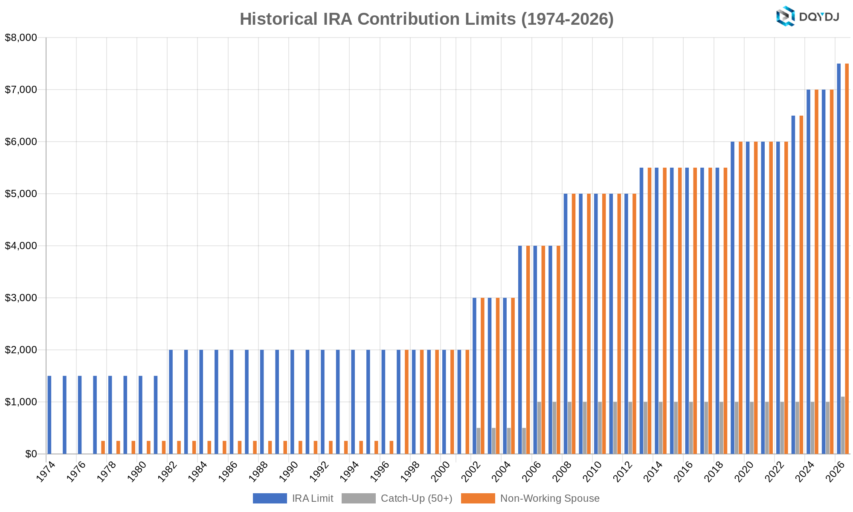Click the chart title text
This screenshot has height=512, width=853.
click(x=426, y=19)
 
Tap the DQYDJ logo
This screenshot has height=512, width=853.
click(x=807, y=17)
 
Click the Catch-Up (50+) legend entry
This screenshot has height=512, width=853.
click(x=397, y=498)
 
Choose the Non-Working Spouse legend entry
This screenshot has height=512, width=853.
click(x=531, y=498)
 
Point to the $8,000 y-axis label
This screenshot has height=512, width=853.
click(x=21, y=38)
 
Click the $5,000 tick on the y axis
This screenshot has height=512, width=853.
click(x=21, y=194)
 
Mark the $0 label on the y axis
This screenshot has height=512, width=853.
click(x=31, y=454)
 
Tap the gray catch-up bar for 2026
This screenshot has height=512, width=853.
click(x=843, y=425)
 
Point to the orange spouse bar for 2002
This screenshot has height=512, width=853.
click(x=482, y=375)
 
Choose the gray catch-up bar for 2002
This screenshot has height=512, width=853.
click(x=479, y=441)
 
